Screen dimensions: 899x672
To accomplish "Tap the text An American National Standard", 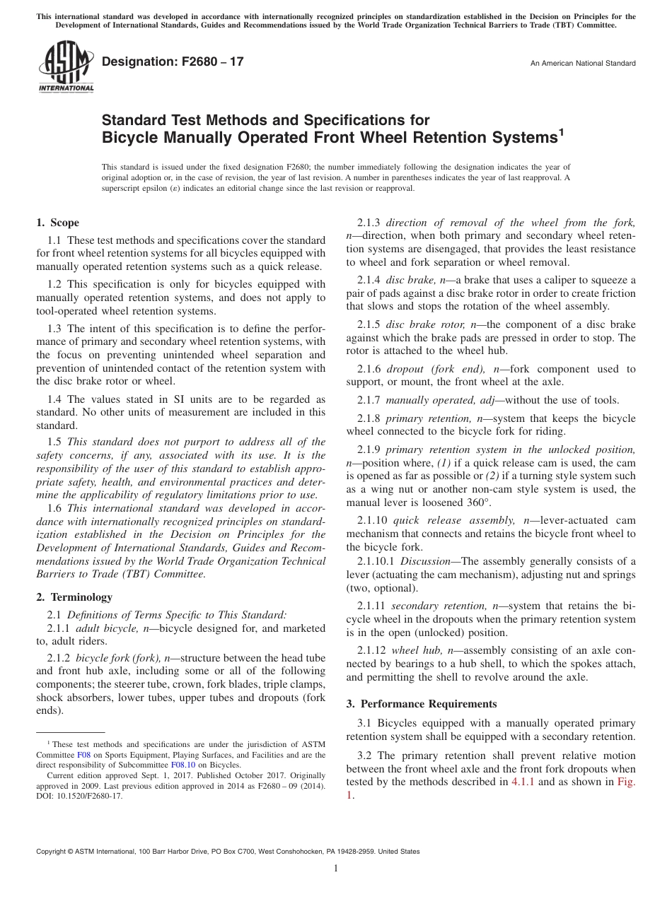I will tap(583, 64).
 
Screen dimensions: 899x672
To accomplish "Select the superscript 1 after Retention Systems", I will tap(561, 130).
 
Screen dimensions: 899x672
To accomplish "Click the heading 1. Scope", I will tap(57, 223).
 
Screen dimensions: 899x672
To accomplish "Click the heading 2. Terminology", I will tap(74, 597).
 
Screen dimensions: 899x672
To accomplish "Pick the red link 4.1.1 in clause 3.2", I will tap(523, 782).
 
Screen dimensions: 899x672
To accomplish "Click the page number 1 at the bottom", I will tap(336, 869).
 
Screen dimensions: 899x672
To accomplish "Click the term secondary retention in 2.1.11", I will tap(439, 606).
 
